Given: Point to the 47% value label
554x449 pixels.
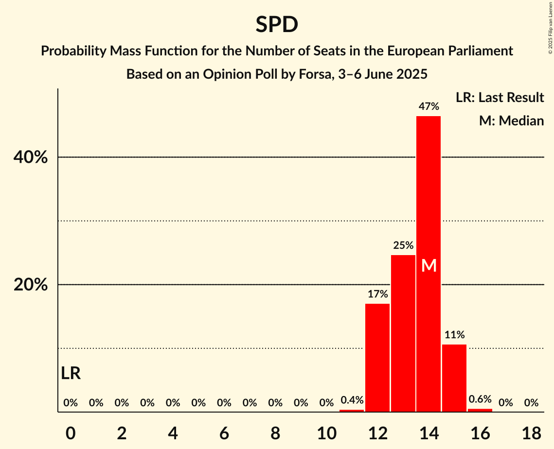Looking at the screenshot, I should (429, 106).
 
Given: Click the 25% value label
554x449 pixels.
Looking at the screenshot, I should (403, 245).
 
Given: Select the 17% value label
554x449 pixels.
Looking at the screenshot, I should (377, 294).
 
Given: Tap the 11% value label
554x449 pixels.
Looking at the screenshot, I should (454, 334).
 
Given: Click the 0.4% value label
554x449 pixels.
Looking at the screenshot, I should (352, 400).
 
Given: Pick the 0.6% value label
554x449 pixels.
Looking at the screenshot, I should (480, 399).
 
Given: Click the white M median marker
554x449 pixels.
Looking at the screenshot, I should (429, 265).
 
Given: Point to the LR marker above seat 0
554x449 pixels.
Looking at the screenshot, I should (71, 373).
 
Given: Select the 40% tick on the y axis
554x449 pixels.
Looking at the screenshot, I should (31, 157).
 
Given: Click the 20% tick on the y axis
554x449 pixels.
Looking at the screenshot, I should (31, 285).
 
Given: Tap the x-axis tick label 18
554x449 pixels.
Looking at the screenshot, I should (531, 432).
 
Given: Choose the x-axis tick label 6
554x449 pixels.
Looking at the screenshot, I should (224, 432).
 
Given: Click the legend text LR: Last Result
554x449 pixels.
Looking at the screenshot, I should (500, 98).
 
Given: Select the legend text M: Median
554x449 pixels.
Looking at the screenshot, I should (511, 121).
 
